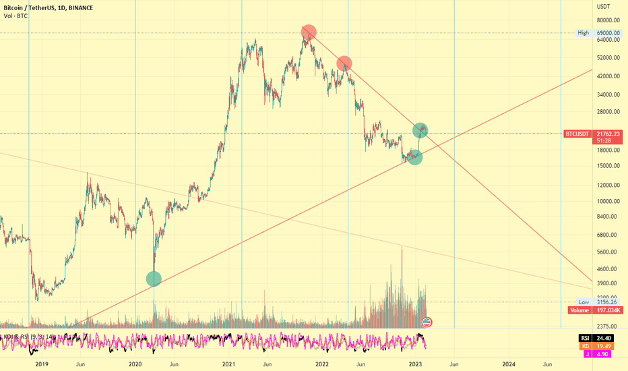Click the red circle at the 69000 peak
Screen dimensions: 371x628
pyautogui.click(x=309, y=32)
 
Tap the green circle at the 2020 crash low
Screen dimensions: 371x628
pyautogui.click(x=154, y=278)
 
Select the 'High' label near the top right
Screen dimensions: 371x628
pyautogui.click(x=583, y=32)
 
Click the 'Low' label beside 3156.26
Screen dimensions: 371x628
pyautogui.click(x=584, y=302)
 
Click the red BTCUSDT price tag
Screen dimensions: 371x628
pyautogui.click(x=577, y=134)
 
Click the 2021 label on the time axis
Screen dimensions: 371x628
pyautogui.click(x=228, y=364)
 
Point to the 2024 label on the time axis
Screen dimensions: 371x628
pyautogui.click(x=509, y=364)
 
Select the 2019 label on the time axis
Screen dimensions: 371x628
pyautogui.click(x=42, y=364)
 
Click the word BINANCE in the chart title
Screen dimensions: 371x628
pyautogui.click(x=80, y=7)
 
